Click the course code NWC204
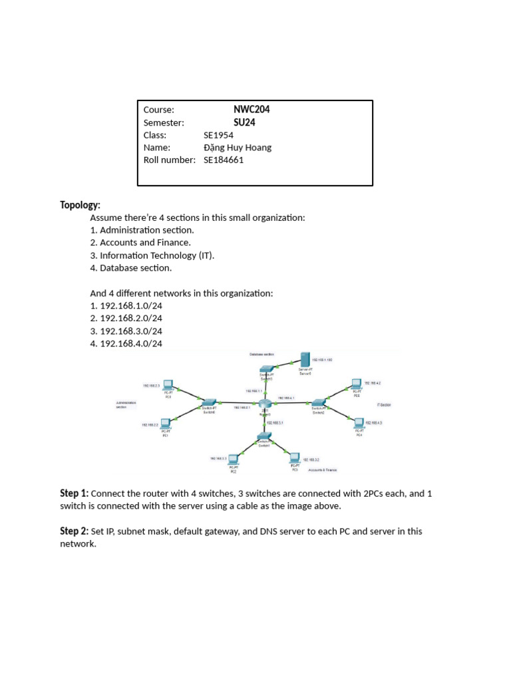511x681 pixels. point(251,110)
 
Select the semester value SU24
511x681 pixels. point(244,122)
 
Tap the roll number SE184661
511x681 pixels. point(224,160)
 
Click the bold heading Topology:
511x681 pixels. point(80,205)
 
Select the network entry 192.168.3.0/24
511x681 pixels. point(131,331)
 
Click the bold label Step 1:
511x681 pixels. point(74,493)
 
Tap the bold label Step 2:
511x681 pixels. point(74,531)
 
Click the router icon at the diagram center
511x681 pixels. point(265,404)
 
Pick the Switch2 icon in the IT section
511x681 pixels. point(319,403)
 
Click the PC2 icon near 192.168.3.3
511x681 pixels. point(234,460)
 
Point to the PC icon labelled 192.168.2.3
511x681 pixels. point(168,386)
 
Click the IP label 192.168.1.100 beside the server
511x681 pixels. point(321,360)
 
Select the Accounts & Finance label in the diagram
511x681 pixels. point(323,470)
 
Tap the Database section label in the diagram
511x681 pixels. point(261,355)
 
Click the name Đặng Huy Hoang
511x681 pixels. point(238,148)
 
